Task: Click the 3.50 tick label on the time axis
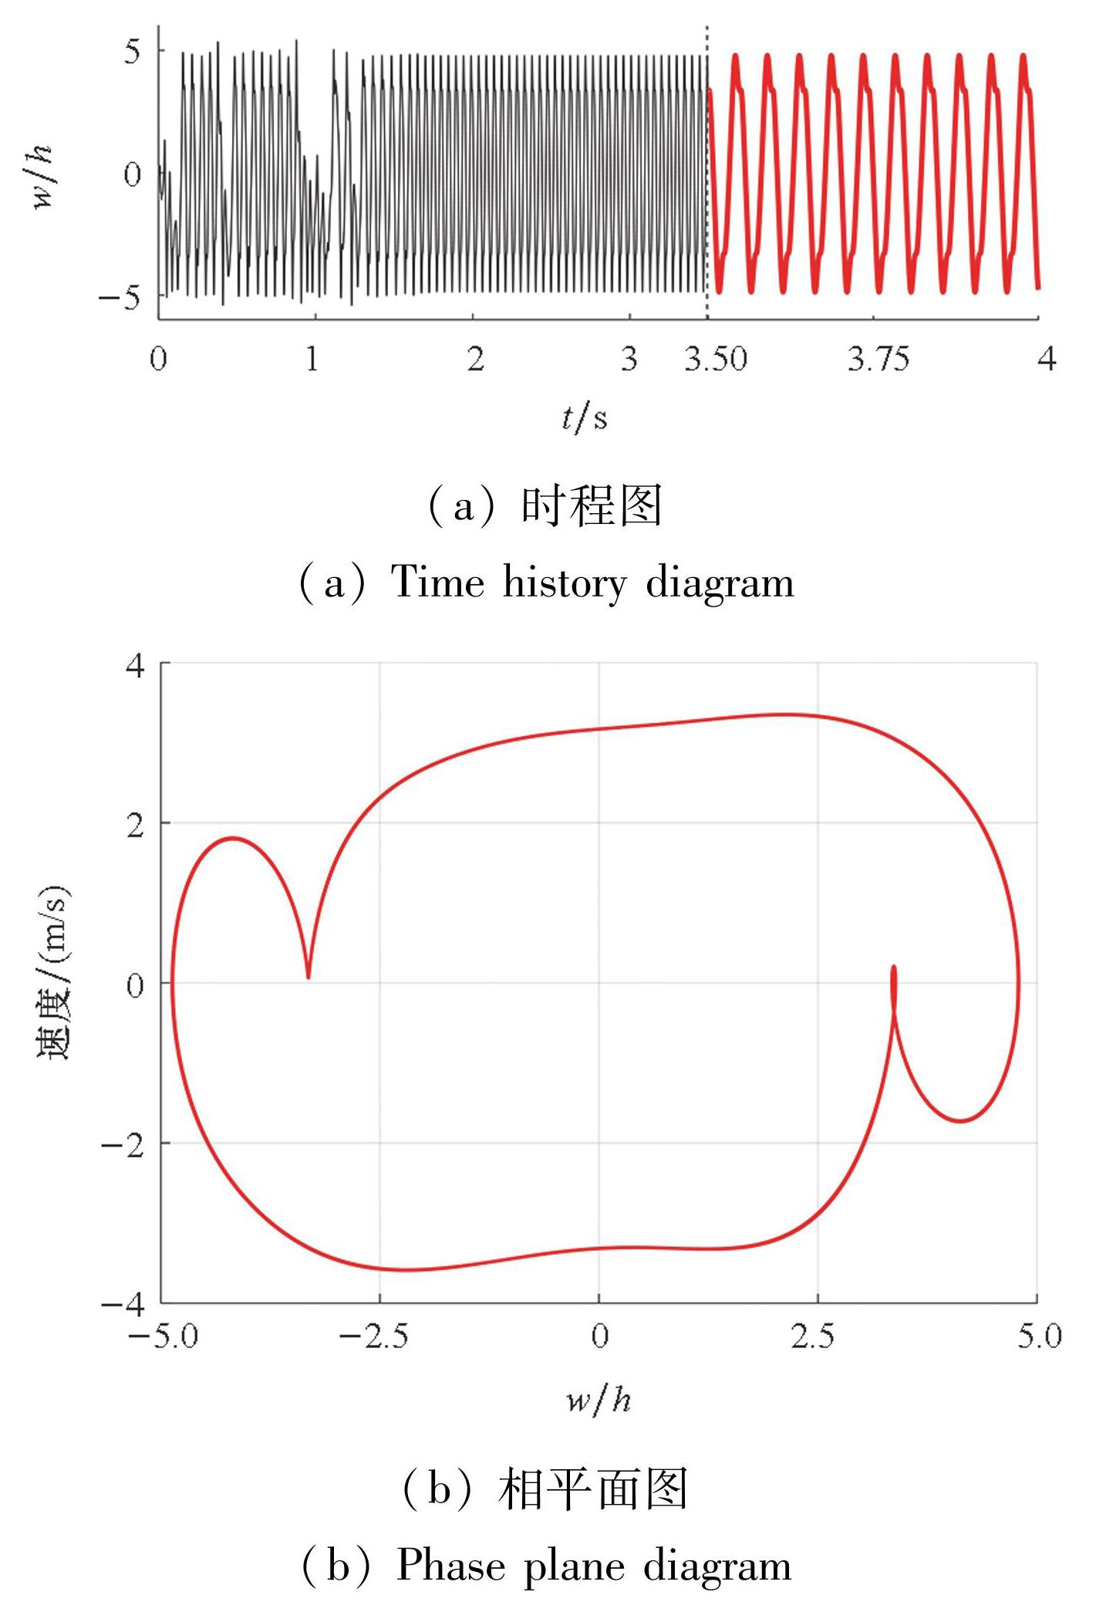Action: click(x=716, y=360)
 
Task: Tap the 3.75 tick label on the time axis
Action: click(x=878, y=360)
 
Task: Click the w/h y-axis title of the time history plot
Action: click(x=42, y=177)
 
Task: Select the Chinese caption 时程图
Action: click(x=592, y=507)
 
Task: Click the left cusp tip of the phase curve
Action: click(x=309, y=977)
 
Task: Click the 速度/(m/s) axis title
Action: click(x=54, y=974)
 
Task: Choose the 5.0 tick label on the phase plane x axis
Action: click(x=1038, y=1337)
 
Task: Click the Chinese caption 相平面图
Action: click(x=592, y=1490)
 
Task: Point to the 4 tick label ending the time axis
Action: click(x=1046, y=360)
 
